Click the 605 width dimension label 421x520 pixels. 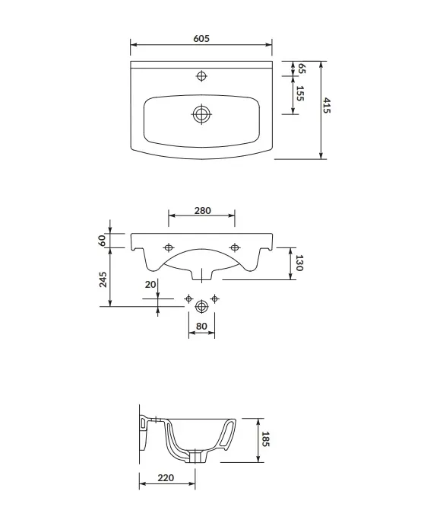201,39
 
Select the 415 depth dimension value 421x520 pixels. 327,106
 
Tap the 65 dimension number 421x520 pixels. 302,69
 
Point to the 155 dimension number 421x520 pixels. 300,93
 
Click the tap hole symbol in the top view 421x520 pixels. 201,76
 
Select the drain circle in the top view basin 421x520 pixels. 201,114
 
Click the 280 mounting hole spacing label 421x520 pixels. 203,211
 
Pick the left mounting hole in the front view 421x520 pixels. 169,247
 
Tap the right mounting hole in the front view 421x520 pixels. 235,247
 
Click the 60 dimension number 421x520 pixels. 102,240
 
